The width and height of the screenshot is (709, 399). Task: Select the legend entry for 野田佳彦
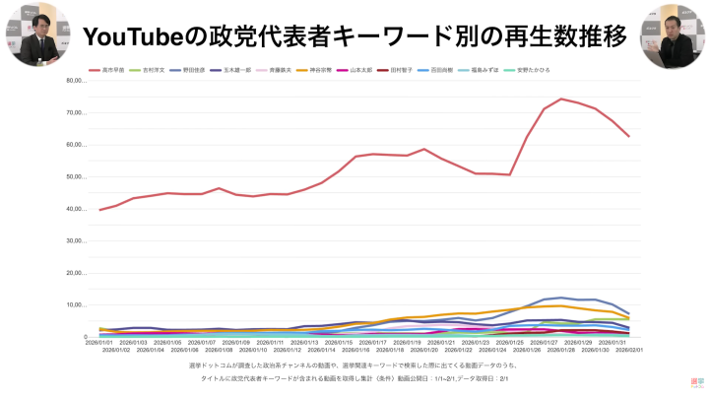pos(194,70)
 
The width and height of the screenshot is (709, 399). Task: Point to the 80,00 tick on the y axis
pos(77,81)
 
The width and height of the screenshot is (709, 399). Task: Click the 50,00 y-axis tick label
pos(77,177)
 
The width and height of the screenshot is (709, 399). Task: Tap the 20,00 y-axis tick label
pos(77,273)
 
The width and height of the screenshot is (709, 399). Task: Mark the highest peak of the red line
pos(561,99)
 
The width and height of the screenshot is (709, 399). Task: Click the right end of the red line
pos(628,136)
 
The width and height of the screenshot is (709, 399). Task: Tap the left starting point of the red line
pos(100,210)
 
